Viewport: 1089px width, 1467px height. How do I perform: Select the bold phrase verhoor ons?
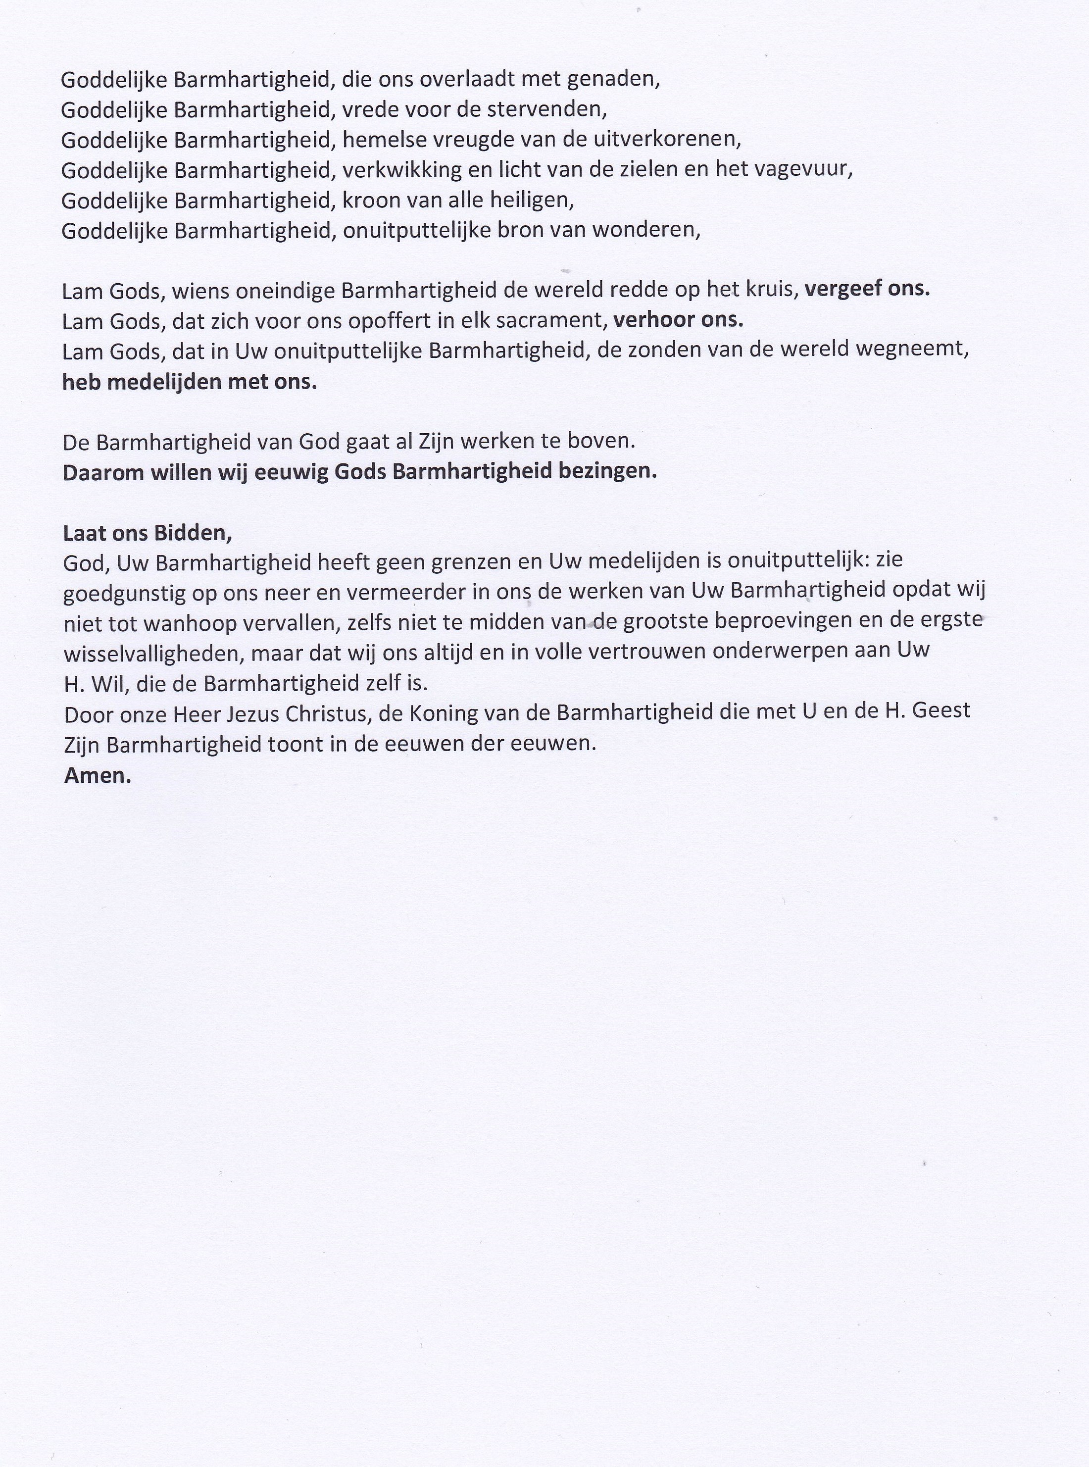coord(678,320)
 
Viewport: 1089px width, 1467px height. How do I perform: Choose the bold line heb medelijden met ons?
coord(190,382)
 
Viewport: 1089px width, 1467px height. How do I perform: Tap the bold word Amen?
coord(98,776)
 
